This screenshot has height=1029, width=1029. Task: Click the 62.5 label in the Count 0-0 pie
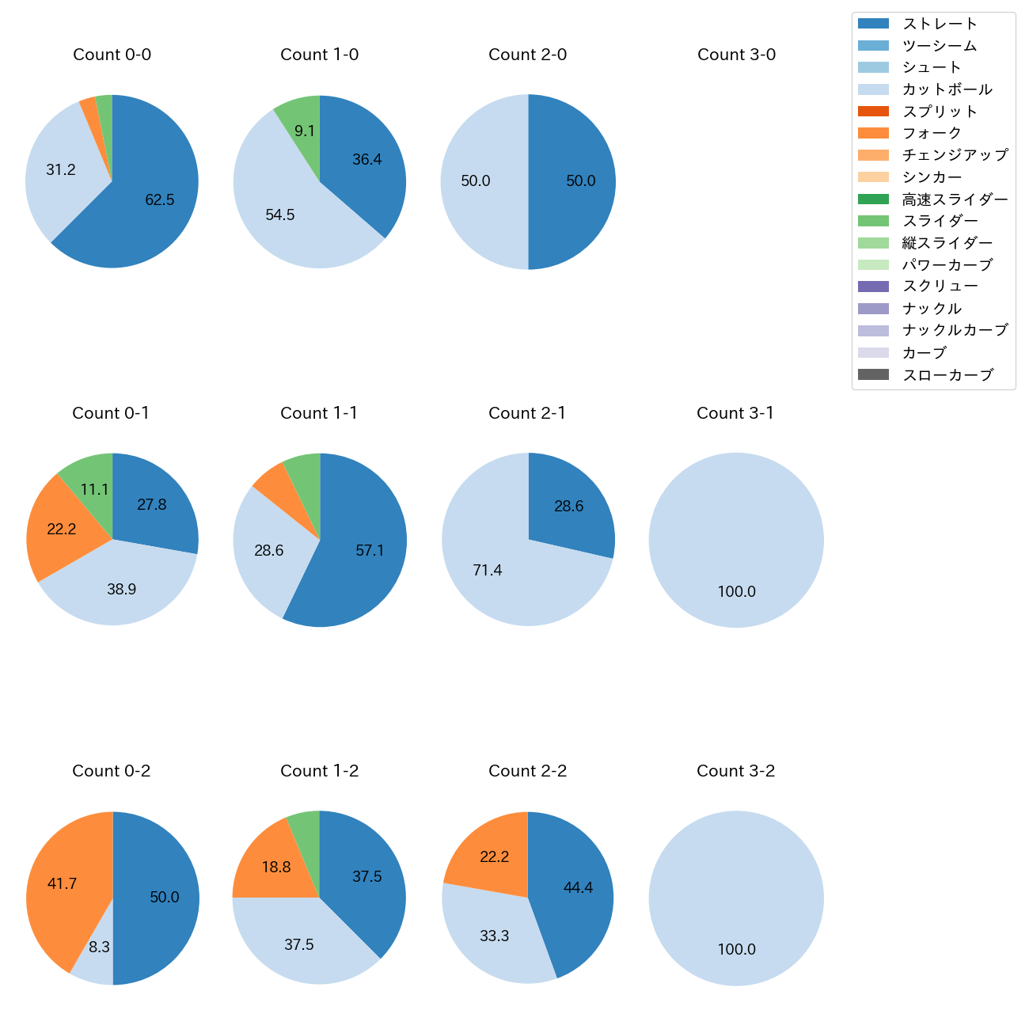[159, 200]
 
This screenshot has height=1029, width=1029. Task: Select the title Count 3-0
[736, 55]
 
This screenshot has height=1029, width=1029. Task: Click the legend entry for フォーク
[932, 133]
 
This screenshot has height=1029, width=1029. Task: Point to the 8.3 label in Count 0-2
[99, 947]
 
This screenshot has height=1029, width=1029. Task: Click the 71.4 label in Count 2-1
[487, 570]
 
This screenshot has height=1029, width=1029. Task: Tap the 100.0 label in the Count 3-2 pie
[736, 949]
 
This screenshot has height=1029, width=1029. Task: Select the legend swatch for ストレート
[873, 24]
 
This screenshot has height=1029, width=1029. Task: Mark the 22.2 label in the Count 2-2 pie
[494, 856]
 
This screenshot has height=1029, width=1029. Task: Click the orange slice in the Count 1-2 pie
[273, 863]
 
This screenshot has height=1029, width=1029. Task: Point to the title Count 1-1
[319, 413]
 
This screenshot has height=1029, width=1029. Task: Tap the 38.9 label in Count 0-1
[121, 589]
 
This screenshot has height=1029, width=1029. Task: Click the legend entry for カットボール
[947, 89]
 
